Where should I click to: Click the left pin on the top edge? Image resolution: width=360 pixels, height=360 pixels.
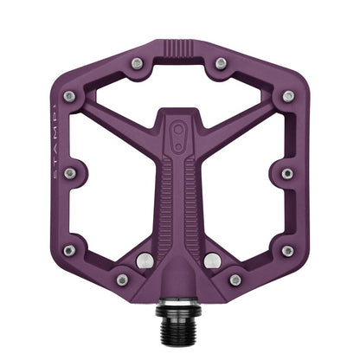click(x=138, y=62)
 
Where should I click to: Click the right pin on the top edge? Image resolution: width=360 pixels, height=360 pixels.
click(x=221, y=63)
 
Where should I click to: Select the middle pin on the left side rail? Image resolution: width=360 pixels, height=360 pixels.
click(x=70, y=173)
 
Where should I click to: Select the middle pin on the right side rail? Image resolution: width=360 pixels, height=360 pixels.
click(x=287, y=173)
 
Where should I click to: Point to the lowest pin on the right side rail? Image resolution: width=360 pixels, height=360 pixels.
click(x=286, y=250)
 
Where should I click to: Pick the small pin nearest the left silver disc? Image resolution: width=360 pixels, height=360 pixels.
click(x=122, y=280)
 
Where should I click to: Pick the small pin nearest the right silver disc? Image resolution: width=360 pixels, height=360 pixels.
click(x=235, y=280)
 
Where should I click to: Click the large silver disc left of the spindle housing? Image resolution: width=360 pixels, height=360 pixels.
click(x=145, y=260)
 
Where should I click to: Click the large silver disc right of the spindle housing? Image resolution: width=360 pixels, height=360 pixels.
click(x=213, y=260)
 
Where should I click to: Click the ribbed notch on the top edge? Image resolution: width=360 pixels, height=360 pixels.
click(x=179, y=46)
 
